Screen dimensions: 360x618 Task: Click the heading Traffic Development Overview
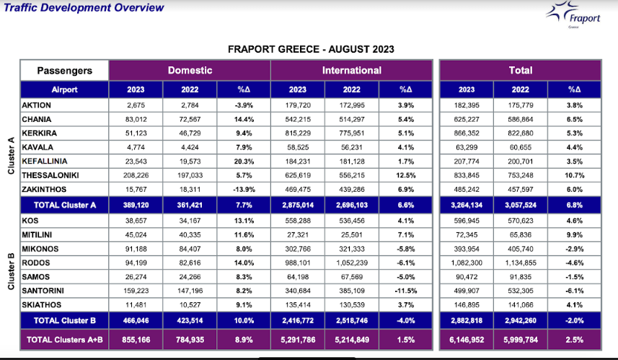click(83, 8)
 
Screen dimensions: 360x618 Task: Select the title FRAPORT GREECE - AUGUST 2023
click(311, 49)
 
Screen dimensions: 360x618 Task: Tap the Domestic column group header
click(190, 71)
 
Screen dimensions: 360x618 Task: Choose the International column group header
click(351, 71)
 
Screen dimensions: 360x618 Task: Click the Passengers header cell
click(64, 71)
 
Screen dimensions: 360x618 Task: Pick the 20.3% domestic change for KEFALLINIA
click(243, 161)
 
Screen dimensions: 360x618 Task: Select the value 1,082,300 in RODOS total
click(467, 263)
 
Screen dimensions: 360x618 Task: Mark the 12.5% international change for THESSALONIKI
click(406, 175)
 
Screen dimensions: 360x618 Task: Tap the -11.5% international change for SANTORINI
click(406, 291)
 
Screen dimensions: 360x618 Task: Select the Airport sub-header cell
click(64, 90)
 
